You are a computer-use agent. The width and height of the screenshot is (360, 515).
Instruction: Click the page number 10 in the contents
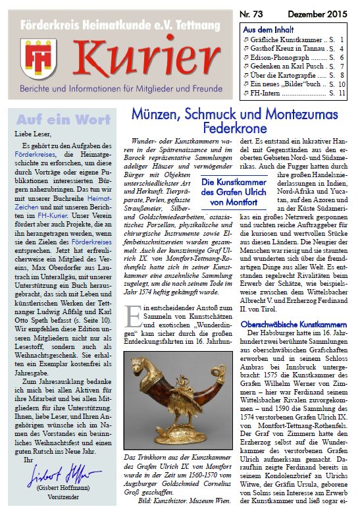point(342,84)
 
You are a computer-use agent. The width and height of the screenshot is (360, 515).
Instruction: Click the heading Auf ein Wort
point(63,120)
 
